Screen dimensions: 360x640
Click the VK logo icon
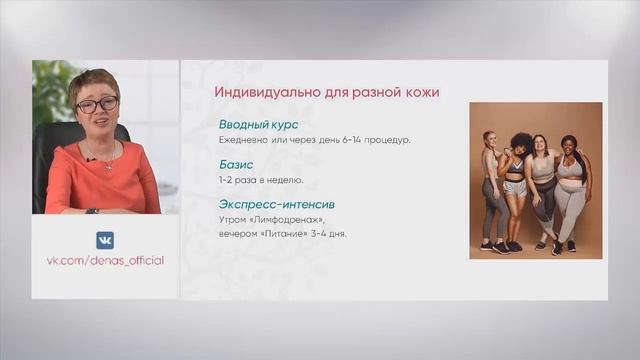tap(105, 240)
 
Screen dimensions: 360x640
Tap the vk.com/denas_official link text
tap(105, 261)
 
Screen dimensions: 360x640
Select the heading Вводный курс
tap(257, 125)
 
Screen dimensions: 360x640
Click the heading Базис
tap(236, 164)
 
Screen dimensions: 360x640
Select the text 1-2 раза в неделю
tap(260, 180)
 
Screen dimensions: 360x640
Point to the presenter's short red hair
tap(92, 81)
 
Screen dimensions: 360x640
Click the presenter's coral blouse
tap(100, 180)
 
